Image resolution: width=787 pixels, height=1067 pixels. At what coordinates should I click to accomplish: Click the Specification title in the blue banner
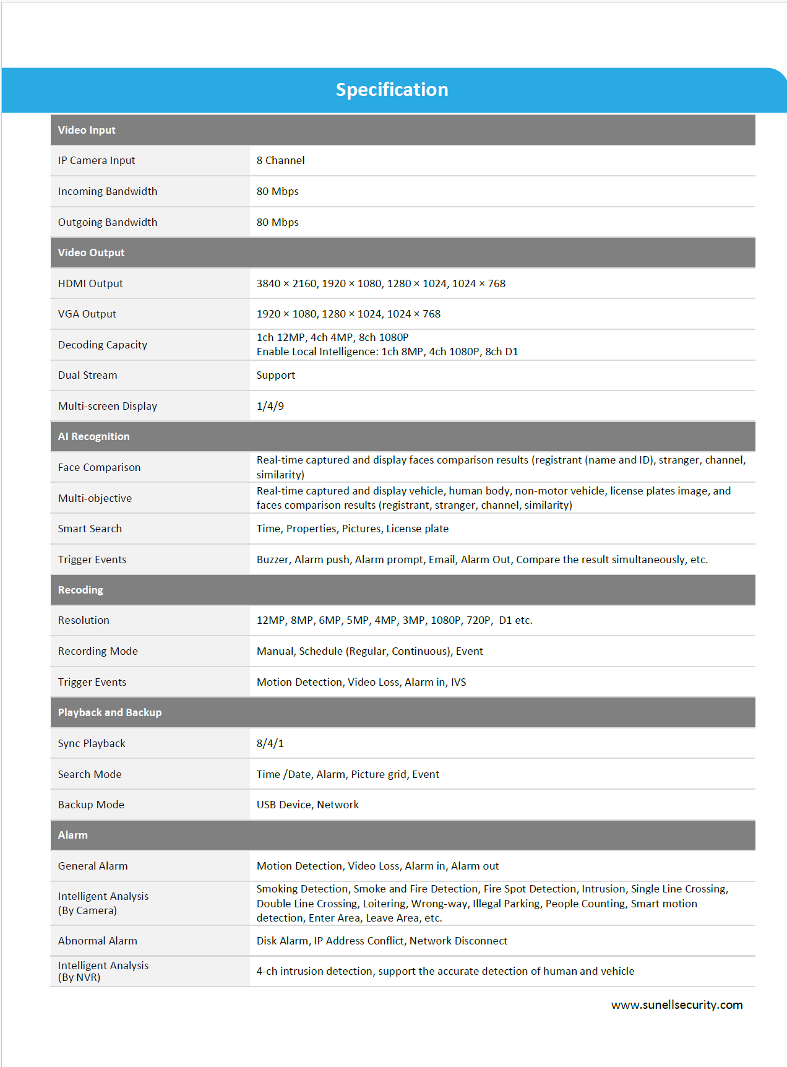392,90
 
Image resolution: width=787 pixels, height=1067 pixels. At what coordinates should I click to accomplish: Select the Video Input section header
87,130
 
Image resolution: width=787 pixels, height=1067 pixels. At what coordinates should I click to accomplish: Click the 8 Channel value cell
280,160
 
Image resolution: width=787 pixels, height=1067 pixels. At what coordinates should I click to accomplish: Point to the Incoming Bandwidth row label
108,191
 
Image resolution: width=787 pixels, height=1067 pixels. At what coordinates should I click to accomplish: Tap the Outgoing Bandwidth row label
108,222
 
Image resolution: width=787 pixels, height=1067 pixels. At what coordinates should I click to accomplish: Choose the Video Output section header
91,253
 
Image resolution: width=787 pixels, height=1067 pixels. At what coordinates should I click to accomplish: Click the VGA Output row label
87,314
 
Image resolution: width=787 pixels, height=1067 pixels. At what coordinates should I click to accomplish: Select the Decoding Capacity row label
103,345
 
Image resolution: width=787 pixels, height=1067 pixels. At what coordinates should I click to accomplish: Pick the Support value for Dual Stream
276,375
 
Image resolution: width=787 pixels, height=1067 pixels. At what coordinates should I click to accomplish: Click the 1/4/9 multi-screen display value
270,406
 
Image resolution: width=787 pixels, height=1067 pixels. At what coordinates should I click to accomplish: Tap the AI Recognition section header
94,436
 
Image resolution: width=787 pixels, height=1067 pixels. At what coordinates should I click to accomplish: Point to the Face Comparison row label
100,467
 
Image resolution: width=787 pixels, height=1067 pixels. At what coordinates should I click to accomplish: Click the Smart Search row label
90,529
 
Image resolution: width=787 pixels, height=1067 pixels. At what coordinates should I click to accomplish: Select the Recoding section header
80,590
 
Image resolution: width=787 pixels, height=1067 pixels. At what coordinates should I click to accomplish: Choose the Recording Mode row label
98,651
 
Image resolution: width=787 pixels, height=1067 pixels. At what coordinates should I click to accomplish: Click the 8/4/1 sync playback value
270,743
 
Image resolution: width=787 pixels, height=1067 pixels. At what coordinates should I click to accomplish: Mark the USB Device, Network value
307,805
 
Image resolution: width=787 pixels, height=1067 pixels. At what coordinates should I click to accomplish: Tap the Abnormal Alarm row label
98,941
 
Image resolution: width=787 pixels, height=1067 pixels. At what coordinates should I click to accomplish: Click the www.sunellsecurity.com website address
677,1005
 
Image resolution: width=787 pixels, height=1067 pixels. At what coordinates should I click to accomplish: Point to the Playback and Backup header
110,712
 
